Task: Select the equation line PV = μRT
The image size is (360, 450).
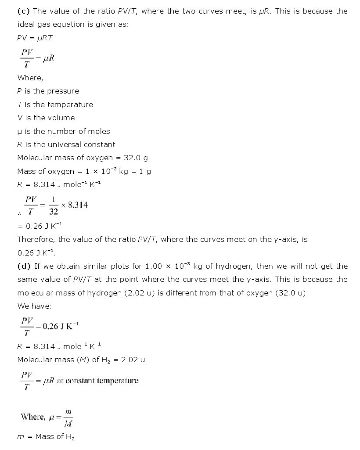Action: (35, 38)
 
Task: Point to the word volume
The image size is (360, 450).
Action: (60, 118)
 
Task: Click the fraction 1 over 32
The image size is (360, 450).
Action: (54, 205)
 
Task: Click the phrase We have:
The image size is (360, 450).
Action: (34, 306)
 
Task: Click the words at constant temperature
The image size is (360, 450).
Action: (97, 381)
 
